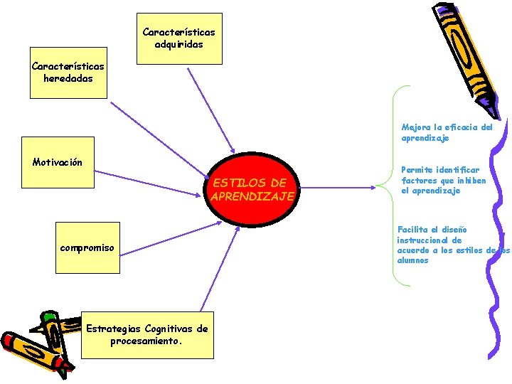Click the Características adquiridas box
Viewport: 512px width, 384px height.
pyautogui.click(x=178, y=38)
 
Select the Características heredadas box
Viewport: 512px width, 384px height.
pyautogui.click(x=68, y=73)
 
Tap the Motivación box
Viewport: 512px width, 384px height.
pyautogui.click(x=58, y=162)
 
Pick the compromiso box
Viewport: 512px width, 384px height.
pyautogui.click(x=87, y=247)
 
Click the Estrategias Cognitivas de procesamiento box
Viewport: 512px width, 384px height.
pyautogui.click(x=146, y=334)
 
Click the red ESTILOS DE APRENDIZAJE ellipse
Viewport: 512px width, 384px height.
pyautogui.click(x=252, y=190)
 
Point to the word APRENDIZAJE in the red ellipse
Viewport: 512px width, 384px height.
pyautogui.click(x=252, y=196)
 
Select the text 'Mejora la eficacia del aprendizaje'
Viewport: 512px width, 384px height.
pyautogui.click(x=447, y=133)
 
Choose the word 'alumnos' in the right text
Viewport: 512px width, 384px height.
pyautogui.click(x=413, y=260)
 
